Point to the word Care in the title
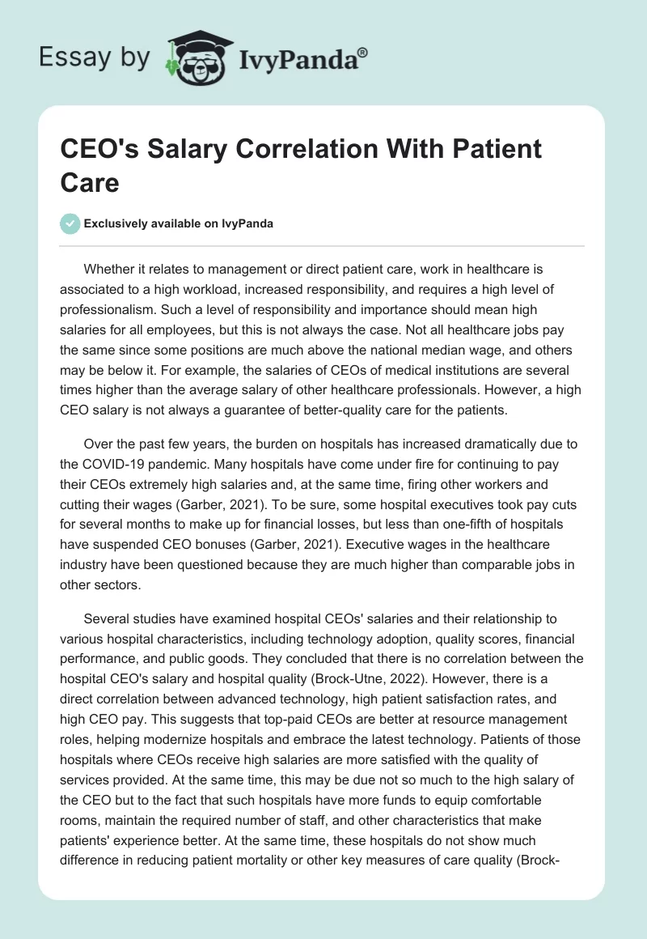click(x=90, y=182)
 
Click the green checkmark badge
click(x=70, y=223)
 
